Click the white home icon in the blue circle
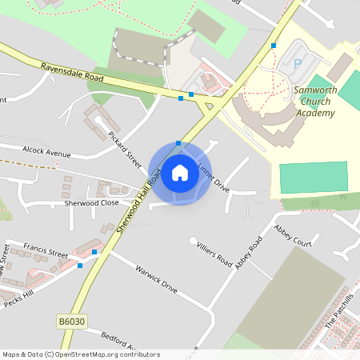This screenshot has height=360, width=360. click(x=180, y=173)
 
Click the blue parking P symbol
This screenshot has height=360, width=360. click(x=298, y=63)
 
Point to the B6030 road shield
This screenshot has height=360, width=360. click(x=72, y=322)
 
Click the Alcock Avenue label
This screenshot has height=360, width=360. click(x=46, y=152)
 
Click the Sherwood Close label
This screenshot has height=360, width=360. click(x=91, y=203)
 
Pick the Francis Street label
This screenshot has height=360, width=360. click(x=46, y=249)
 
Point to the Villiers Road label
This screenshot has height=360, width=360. click(x=214, y=251)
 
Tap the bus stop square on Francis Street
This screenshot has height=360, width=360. click(x=94, y=252)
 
